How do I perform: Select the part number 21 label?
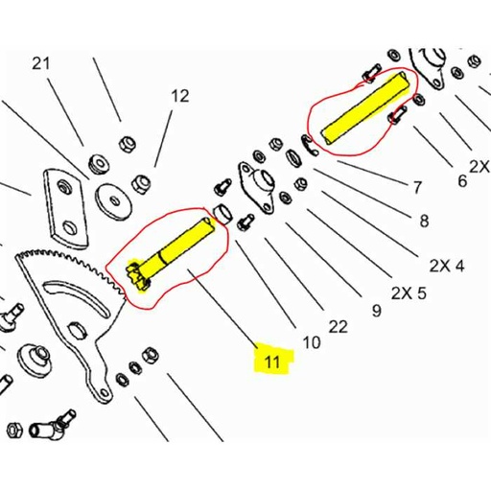(40, 64)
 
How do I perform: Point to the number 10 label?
(312, 341)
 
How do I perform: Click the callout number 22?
(338, 327)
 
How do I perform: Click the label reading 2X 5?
(408, 292)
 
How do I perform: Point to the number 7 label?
(417, 185)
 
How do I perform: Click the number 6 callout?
(461, 179)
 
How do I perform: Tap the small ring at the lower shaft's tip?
(221, 212)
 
